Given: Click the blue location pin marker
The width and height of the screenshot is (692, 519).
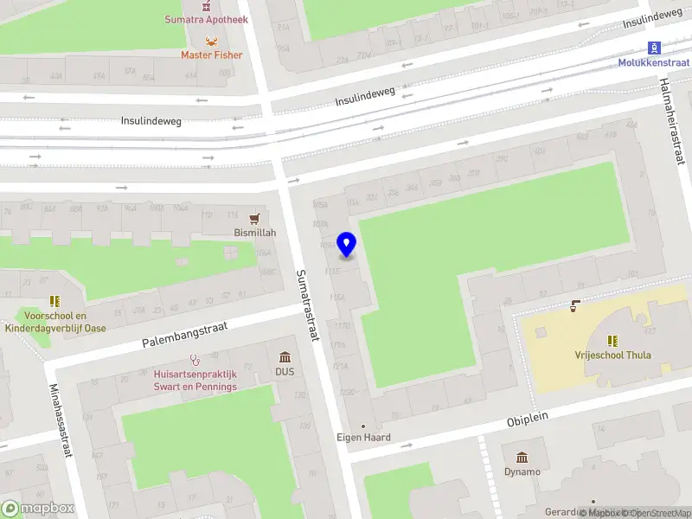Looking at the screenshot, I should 347,245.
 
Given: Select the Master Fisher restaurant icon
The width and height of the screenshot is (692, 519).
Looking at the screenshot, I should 211,40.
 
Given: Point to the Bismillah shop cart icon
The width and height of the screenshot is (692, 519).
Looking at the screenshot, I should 254,218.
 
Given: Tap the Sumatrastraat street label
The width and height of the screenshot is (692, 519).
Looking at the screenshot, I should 308,304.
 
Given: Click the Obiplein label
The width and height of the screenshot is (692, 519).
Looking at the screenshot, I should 529,420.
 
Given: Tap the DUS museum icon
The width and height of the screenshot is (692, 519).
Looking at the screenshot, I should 285,357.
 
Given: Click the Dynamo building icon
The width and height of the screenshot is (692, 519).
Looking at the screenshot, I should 522,457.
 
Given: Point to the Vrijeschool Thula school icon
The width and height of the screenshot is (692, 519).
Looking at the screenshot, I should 612,341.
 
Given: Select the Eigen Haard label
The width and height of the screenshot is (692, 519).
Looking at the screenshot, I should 363,438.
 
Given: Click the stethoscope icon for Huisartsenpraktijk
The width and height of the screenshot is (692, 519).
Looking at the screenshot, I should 195,359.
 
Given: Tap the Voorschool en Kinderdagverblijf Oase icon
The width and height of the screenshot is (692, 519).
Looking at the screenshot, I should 54,301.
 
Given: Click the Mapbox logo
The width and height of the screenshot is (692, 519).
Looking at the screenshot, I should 37,509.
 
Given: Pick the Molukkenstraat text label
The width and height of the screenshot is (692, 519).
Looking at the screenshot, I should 653,62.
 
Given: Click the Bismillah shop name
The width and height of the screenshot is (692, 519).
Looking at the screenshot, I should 255,234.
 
